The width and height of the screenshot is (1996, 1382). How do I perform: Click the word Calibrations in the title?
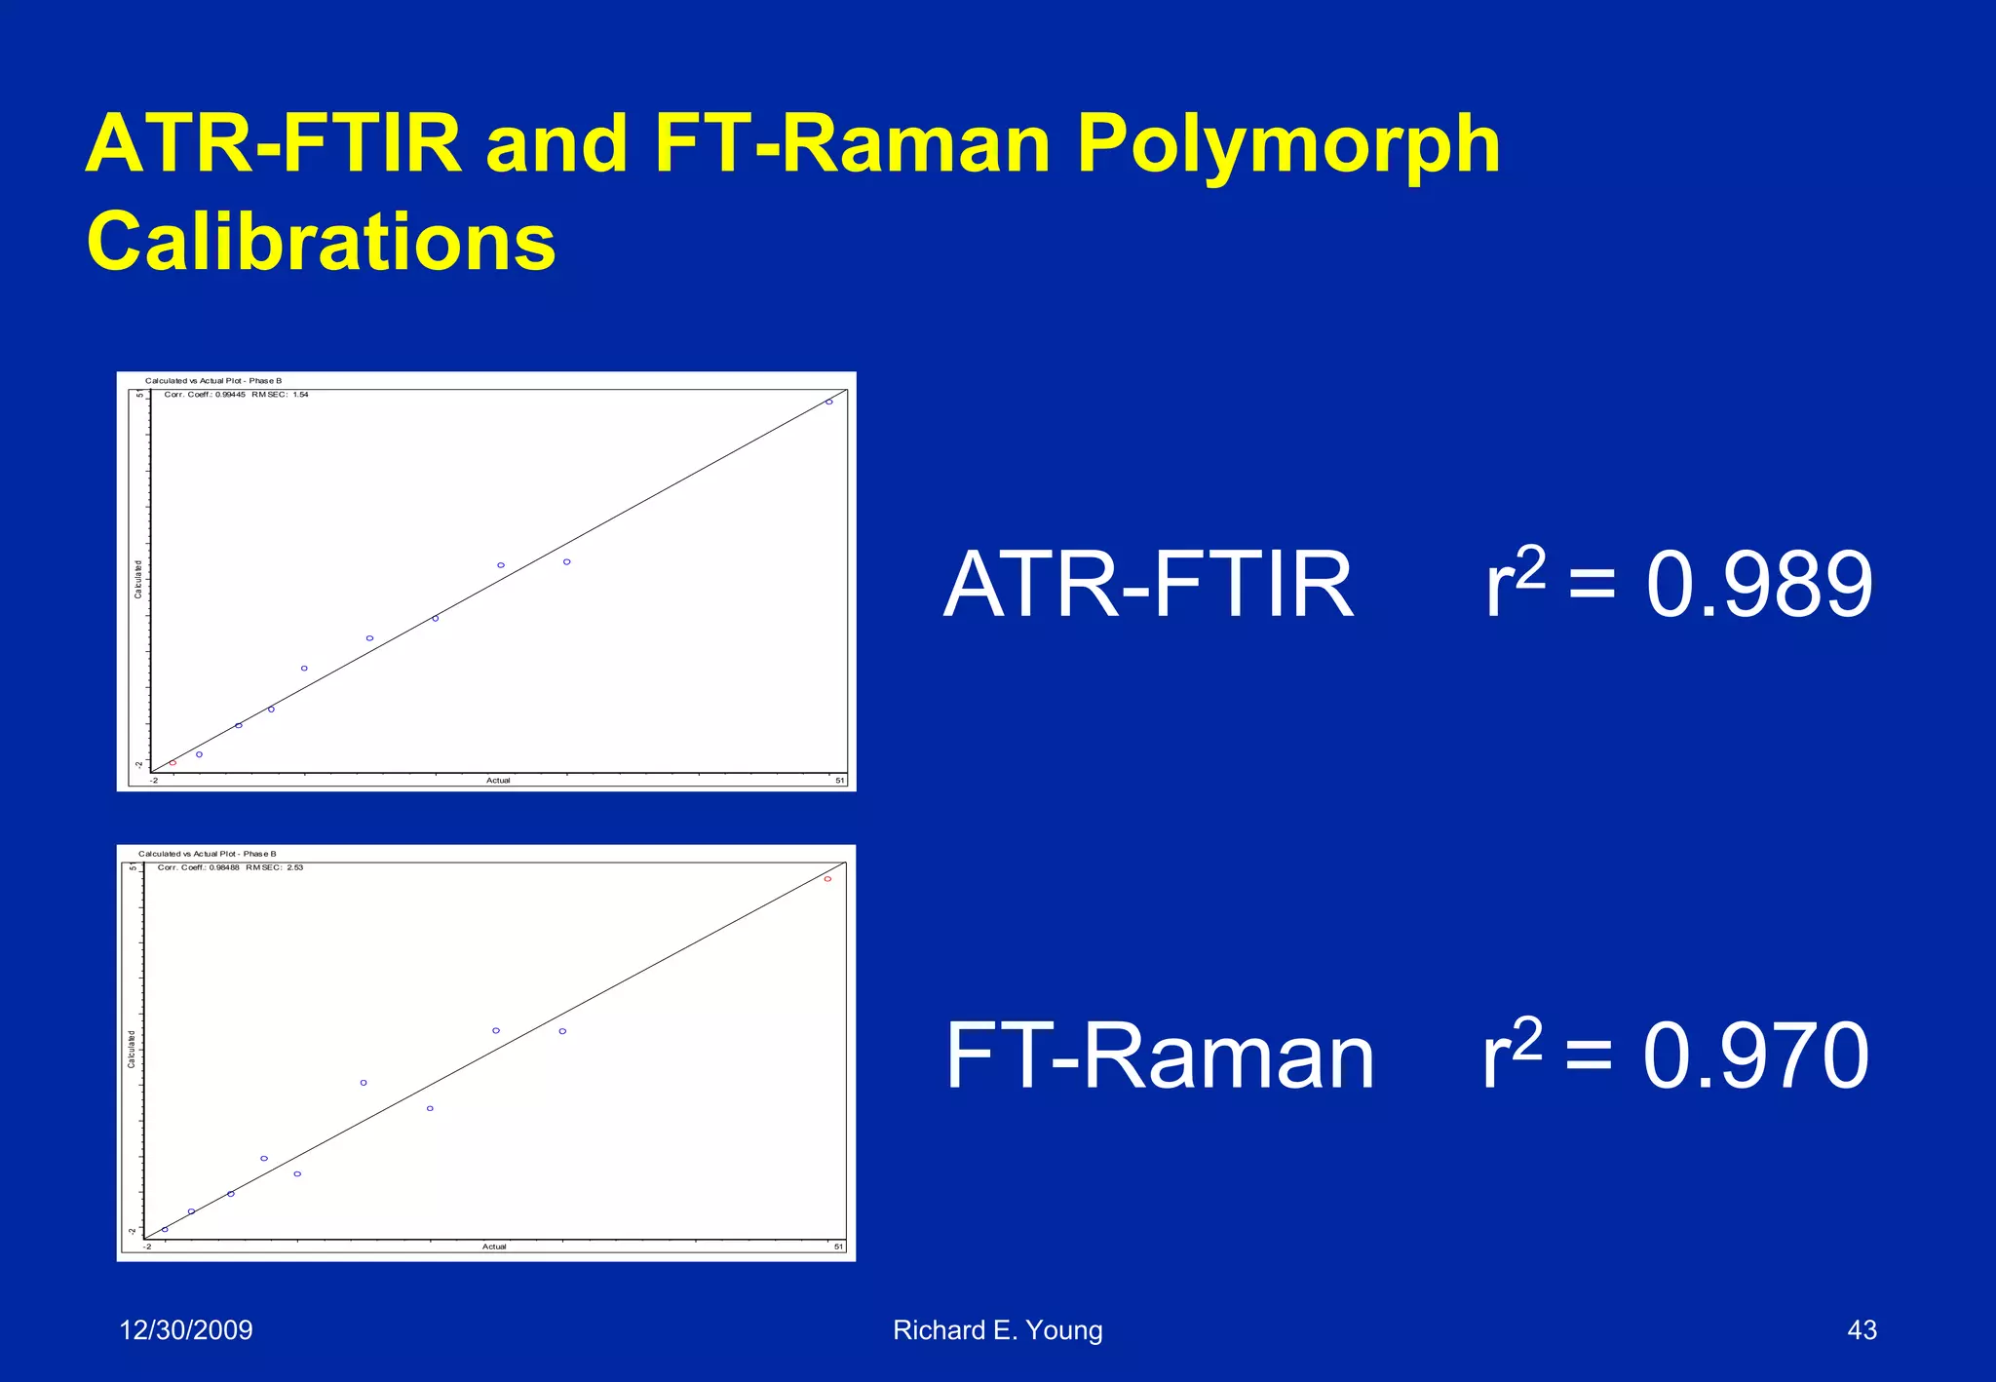[322, 242]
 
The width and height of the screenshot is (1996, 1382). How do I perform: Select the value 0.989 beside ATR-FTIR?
[1759, 585]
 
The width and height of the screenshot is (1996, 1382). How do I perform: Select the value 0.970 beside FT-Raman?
[1755, 1056]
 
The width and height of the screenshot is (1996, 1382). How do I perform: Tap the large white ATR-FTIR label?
[1149, 585]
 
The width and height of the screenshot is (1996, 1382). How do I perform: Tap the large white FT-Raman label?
[1160, 1056]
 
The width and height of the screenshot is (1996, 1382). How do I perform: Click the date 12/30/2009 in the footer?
[185, 1329]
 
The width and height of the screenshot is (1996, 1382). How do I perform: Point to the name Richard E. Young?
[997, 1329]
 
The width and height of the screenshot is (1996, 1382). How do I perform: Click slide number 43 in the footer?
[1862, 1329]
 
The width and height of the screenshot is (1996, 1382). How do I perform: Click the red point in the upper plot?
[173, 763]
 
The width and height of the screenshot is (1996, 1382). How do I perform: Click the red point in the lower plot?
[827, 879]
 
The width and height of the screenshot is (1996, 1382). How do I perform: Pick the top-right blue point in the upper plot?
[829, 402]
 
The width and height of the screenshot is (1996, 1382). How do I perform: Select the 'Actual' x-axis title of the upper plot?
[498, 781]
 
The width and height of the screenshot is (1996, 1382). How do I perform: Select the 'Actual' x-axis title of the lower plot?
[494, 1247]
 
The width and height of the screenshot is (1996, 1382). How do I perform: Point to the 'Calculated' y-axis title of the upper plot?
[138, 580]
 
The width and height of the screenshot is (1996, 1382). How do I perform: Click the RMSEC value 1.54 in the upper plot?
[300, 395]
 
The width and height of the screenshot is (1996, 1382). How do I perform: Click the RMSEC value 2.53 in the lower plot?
[294, 867]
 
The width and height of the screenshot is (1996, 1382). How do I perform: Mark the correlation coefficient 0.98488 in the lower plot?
[224, 867]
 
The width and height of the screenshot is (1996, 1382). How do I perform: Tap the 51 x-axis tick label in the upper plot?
[839, 781]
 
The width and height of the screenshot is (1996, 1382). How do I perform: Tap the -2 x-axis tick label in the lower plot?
[148, 1247]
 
